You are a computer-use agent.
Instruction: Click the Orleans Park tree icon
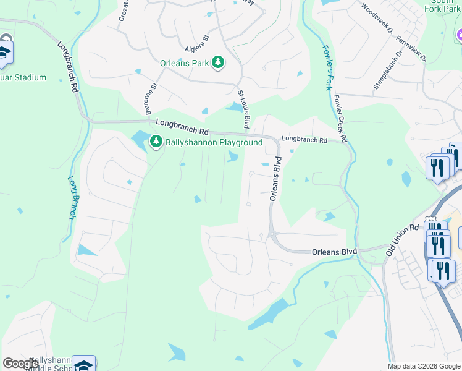(x=217, y=62)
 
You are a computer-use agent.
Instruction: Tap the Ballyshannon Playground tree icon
(x=156, y=143)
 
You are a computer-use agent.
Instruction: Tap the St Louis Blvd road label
(x=244, y=109)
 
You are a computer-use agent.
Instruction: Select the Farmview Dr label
(x=412, y=49)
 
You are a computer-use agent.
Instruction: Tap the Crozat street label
(x=124, y=12)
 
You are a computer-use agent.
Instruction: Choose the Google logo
(x=20, y=364)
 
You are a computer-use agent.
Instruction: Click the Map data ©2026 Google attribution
(x=424, y=366)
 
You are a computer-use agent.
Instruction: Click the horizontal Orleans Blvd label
(x=335, y=252)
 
